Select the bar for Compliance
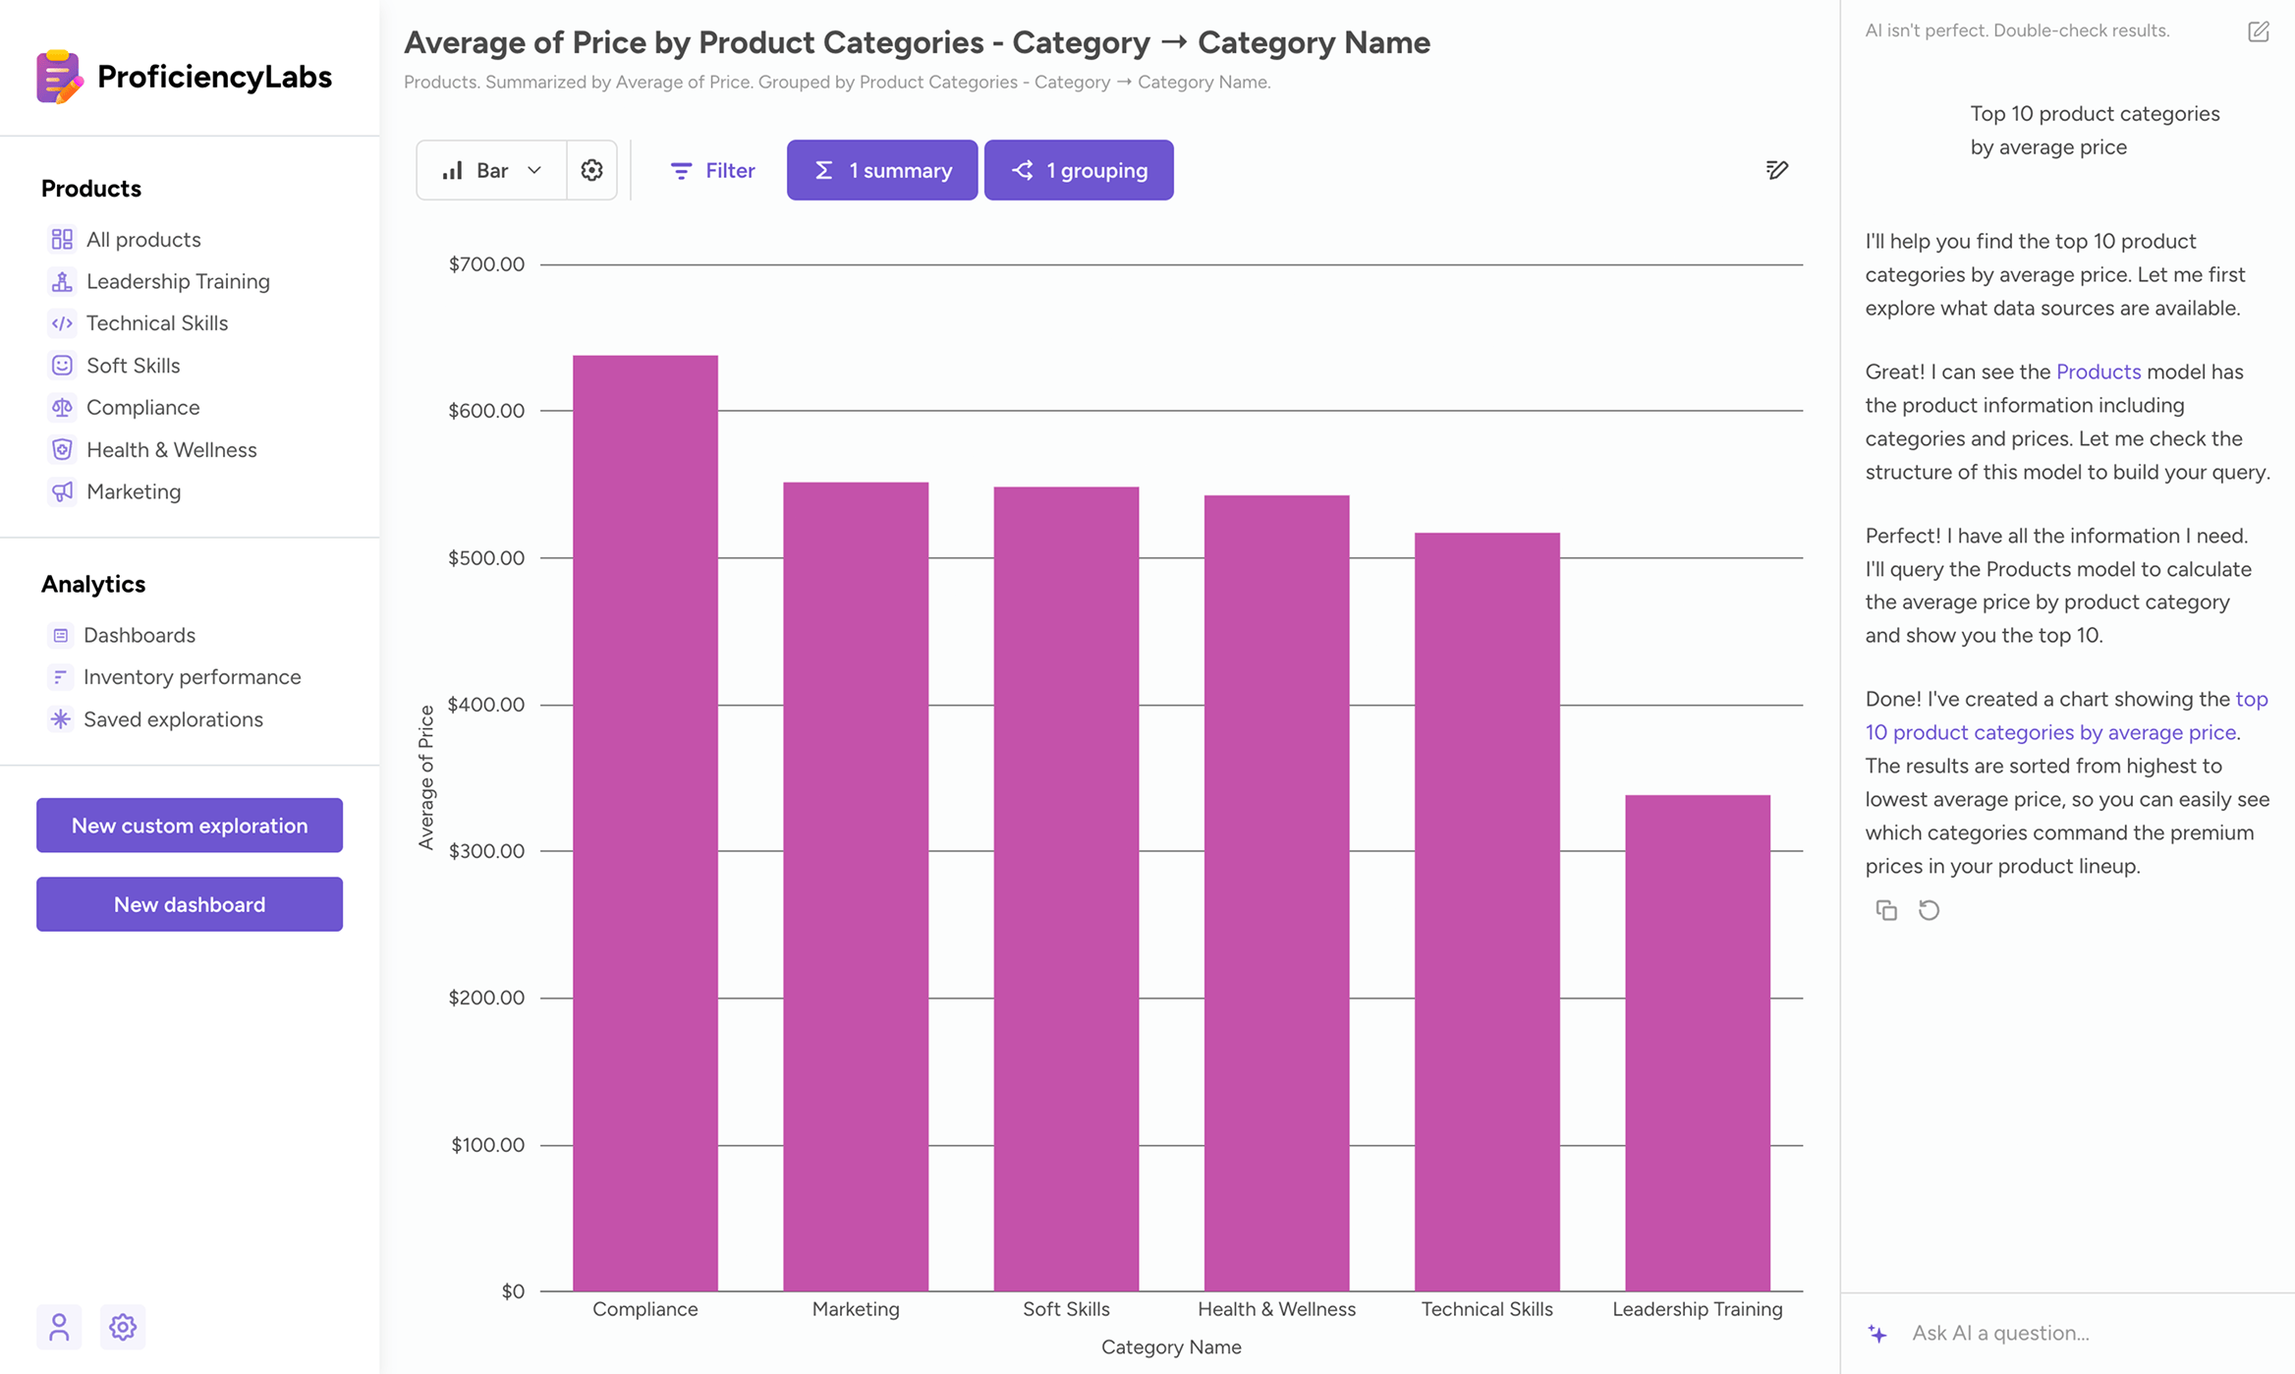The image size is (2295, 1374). coord(644,823)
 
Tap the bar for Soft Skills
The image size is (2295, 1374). coord(1066,888)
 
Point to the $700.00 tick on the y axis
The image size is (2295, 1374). coord(486,264)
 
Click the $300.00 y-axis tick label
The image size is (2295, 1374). coord(486,851)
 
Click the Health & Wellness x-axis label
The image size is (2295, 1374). coord(1276,1309)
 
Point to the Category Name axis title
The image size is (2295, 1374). coord(1171,1347)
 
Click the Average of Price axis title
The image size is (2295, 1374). coord(426,776)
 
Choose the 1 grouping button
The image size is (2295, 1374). coord(1079,170)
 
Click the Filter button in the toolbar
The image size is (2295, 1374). coord(712,170)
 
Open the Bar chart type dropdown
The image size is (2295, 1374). coord(491,170)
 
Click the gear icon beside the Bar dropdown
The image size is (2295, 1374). coord(591,170)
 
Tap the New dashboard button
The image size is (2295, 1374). coord(190,904)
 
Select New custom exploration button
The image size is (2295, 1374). coord(190,826)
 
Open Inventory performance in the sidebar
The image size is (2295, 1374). coord(192,677)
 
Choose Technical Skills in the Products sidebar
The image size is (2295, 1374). coord(157,323)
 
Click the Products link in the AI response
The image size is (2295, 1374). coord(2098,372)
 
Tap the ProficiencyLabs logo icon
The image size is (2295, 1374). coord(59,77)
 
